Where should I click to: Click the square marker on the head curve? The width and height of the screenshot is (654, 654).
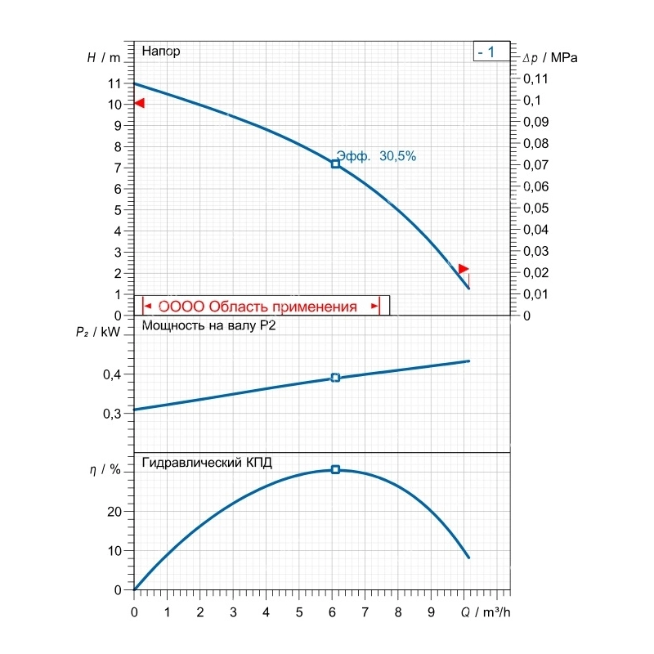(335, 164)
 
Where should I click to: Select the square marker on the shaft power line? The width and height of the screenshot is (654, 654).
(335, 378)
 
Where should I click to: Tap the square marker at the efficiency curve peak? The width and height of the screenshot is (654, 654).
(335, 469)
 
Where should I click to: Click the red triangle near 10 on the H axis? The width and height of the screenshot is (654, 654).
(139, 103)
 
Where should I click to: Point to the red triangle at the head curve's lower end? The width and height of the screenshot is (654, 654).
(464, 269)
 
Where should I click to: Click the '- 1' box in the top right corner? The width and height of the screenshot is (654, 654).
(492, 52)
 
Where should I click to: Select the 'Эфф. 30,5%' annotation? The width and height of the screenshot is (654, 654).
(376, 156)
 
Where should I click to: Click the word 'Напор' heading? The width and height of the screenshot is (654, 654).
(161, 51)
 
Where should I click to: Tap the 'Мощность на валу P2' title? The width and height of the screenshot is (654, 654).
(209, 325)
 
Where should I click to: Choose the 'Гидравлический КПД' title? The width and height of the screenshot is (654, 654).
(207, 463)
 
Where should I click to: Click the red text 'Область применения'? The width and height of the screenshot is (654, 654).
(283, 307)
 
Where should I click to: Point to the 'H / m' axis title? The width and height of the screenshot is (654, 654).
(104, 57)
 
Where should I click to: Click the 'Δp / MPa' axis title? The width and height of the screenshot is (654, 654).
(550, 57)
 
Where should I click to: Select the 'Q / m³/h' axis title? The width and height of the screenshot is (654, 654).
(486, 612)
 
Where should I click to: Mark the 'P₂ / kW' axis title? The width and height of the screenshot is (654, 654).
(98, 332)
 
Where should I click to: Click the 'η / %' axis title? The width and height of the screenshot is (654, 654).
(105, 469)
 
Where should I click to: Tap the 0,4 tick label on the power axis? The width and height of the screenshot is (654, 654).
(112, 374)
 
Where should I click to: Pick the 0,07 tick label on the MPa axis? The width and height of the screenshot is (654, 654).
(536, 165)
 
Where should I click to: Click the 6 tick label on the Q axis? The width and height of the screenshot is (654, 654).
(332, 612)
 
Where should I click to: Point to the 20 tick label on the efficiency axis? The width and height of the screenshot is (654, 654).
(114, 512)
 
